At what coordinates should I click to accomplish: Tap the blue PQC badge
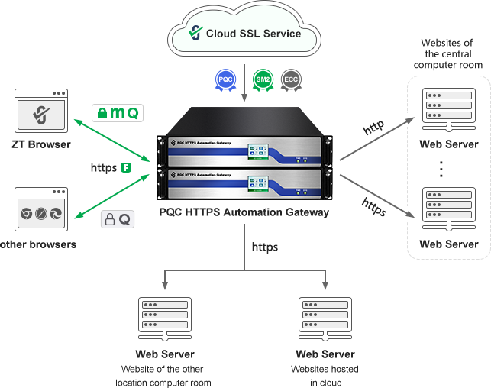click(225, 79)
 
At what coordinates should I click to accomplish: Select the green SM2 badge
click(263, 79)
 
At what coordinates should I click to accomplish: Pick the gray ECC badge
click(290, 79)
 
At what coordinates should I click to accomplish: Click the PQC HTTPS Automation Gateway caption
click(244, 212)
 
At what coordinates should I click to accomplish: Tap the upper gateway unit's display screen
click(259, 149)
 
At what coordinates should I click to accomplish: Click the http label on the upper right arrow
click(373, 127)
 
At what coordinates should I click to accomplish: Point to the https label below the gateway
click(264, 247)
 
